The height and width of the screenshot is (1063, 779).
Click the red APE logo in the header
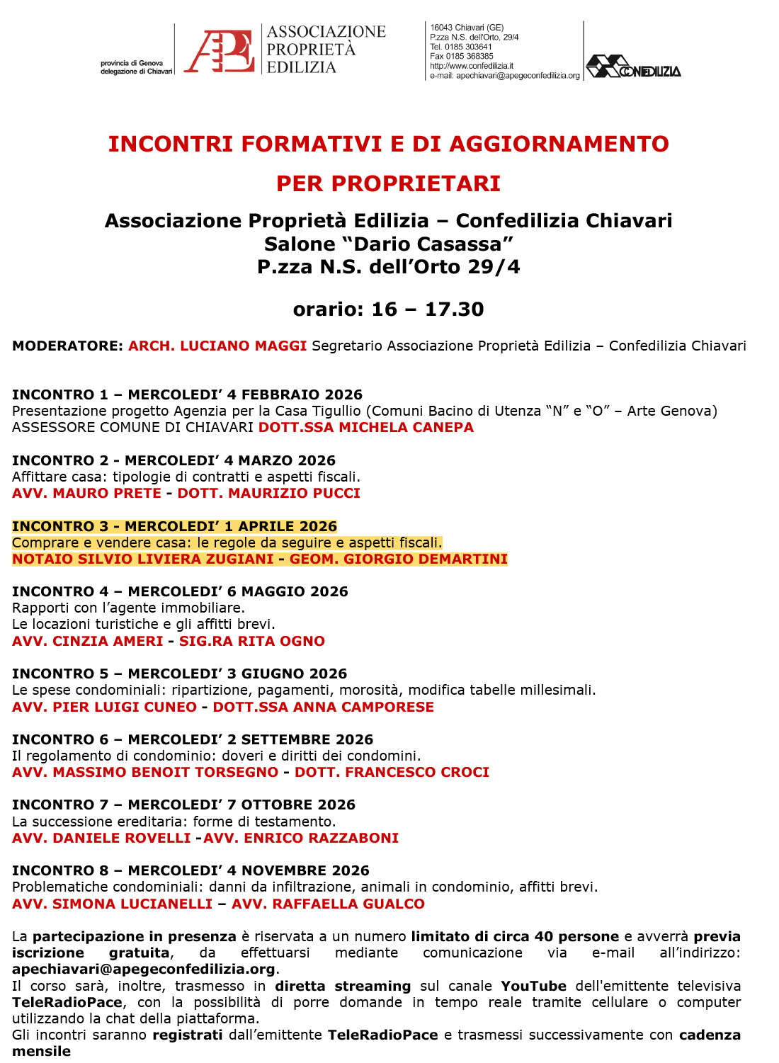tap(220, 50)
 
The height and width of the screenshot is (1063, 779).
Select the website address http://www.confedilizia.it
tap(472, 66)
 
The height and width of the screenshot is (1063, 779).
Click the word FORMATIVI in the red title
tap(311, 144)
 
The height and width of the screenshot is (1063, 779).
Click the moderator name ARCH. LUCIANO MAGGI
tap(217, 346)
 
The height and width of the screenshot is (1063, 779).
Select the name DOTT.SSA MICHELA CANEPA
tap(366, 427)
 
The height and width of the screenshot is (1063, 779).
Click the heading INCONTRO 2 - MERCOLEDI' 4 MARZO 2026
tap(174, 460)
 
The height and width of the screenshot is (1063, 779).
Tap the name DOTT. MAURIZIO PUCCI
tap(269, 493)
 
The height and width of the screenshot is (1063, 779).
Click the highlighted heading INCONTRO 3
tap(174, 526)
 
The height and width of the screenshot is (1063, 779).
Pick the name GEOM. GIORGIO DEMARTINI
tap(399, 559)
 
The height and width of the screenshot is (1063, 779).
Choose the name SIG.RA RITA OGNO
tap(252, 641)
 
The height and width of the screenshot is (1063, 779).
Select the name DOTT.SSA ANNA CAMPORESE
tap(324, 707)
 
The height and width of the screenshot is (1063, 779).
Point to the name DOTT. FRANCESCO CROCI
tap(392, 772)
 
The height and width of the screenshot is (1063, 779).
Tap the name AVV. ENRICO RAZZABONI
tap(301, 838)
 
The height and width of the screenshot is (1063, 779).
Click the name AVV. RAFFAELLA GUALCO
tap(329, 904)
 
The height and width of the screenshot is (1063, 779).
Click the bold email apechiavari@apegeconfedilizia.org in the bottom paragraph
tap(144, 969)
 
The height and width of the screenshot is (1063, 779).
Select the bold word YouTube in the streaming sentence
tap(534, 986)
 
